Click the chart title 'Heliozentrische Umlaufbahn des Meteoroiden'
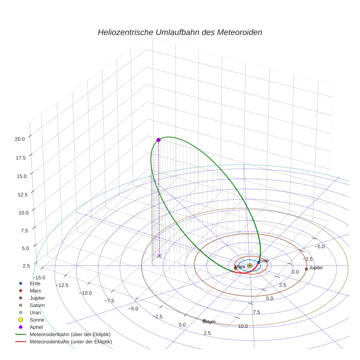(180, 32)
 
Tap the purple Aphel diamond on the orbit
(158, 140)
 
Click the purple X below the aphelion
(159, 256)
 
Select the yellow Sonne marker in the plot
(250, 266)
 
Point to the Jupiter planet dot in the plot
(306, 269)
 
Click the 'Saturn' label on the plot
(209, 322)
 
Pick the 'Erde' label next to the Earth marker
(264, 261)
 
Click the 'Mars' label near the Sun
(240, 267)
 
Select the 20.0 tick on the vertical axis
(20, 139)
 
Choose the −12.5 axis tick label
(61, 285)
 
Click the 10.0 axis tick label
(243, 326)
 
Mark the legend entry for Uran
(35, 312)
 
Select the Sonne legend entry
(37, 320)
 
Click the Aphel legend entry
(36, 327)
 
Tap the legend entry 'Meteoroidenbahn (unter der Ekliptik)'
(71, 342)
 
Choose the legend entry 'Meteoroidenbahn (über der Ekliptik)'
(70, 334)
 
